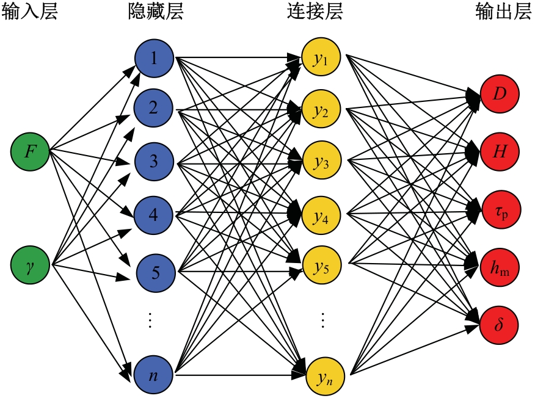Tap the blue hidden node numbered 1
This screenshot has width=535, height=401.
point(154,59)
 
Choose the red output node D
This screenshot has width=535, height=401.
point(500,95)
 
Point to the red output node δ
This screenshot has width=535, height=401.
point(500,322)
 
